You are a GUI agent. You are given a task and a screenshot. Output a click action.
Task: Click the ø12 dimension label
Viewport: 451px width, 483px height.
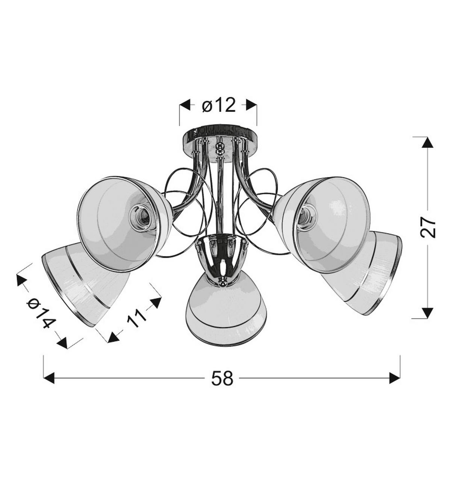point(219,105)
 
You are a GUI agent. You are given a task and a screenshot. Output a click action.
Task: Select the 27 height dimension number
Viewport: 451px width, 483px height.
point(428,227)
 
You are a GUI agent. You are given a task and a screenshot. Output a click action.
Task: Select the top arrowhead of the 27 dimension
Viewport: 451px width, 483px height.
point(427,142)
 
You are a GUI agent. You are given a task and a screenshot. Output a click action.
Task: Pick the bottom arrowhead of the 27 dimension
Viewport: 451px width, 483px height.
point(427,313)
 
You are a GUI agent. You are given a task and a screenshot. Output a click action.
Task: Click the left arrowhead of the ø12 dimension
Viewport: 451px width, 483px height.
point(185,105)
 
